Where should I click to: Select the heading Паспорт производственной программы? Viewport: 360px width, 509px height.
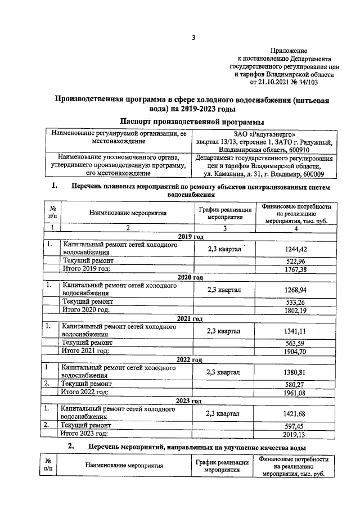point(192,121)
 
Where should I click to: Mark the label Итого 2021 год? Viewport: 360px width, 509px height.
point(85,352)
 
